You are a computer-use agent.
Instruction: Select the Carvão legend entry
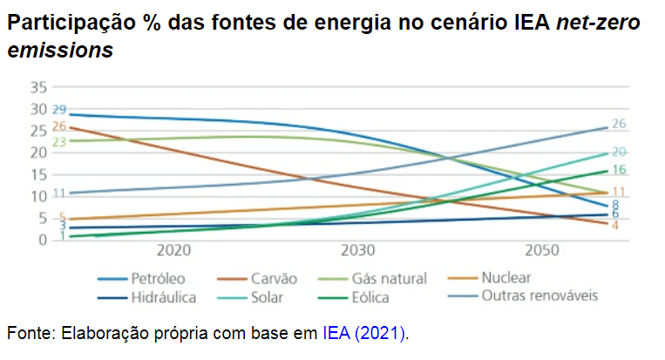click(x=275, y=279)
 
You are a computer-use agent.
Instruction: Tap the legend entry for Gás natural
click(x=389, y=279)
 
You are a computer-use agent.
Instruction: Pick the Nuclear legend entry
click(x=506, y=278)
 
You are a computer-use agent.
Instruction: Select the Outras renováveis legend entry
click(x=539, y=295)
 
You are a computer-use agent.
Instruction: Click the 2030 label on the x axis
click(x=358, y=250)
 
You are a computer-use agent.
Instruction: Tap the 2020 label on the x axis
click(x=173, y=250)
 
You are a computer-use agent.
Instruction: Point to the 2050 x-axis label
click(x=542, y=250)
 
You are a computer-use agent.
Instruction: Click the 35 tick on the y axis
click(x=37, y=87)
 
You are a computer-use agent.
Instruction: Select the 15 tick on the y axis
click(x=37, y=174)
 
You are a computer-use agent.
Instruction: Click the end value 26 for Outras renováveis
click(x=619, y=124)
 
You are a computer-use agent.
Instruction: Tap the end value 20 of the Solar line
click(x=619, y=152)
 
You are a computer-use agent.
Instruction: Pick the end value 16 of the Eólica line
click(x=619, y=171)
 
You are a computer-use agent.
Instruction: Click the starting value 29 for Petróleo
click(x=59, y=110)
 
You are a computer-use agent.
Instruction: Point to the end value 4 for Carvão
click(x=614, y=225)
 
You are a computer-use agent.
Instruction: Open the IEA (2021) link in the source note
click(x=364, y=332)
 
